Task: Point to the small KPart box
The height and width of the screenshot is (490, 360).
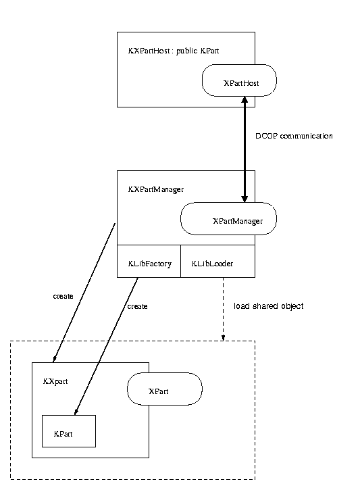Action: tap(69, 431)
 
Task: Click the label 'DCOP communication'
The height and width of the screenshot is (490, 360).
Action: tap(294, 136)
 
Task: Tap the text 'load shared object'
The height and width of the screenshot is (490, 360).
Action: tap(269, 306)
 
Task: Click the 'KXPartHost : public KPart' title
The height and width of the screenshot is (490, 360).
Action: tap(174, 51)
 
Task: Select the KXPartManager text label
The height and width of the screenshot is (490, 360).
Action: tap(156, 189)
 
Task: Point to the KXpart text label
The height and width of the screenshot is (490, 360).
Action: tap(55, 381)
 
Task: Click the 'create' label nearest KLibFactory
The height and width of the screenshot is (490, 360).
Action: tap(137, 306)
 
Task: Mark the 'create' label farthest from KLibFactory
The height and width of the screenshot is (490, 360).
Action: tap(63, 296)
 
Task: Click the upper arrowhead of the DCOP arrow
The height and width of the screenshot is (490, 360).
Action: tap(245, 99)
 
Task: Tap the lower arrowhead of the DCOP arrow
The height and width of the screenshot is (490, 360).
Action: tap(245, 199)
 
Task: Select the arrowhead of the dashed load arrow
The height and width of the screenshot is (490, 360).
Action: tap(224, 338)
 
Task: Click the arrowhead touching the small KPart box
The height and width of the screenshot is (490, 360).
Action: tap(76, 412)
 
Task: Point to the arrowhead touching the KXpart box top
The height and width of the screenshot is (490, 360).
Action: tap(55, 360)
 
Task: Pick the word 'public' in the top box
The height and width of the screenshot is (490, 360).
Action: tap(186, 51)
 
